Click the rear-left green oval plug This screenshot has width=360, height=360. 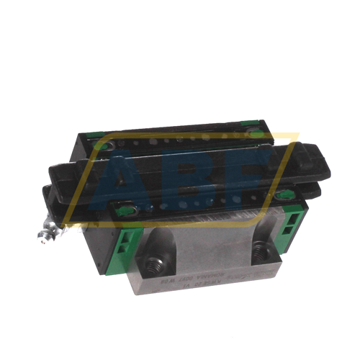(106, 146)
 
